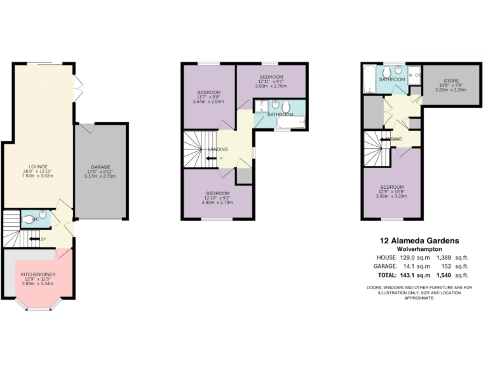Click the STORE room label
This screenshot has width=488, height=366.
click(451, 81)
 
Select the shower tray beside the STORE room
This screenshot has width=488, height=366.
click(415, 75)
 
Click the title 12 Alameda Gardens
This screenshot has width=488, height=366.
click(419, 241)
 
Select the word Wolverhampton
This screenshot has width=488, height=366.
click(419, 250)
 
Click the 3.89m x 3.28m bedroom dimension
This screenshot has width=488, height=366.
click(392, 196)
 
